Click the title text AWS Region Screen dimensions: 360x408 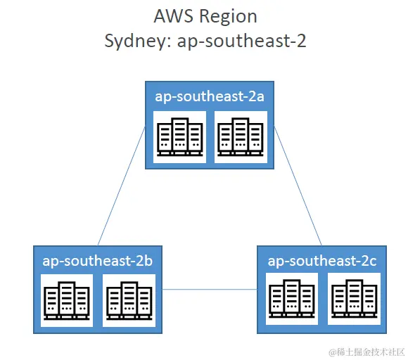click(205, 16)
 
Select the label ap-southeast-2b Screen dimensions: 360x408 click(98, 260)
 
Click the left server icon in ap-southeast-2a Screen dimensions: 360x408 click(179, 136)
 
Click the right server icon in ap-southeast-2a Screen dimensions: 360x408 click(241, 136)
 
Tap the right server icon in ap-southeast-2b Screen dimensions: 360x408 click(129, 300)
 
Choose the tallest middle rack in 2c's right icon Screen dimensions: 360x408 click(353, 298)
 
